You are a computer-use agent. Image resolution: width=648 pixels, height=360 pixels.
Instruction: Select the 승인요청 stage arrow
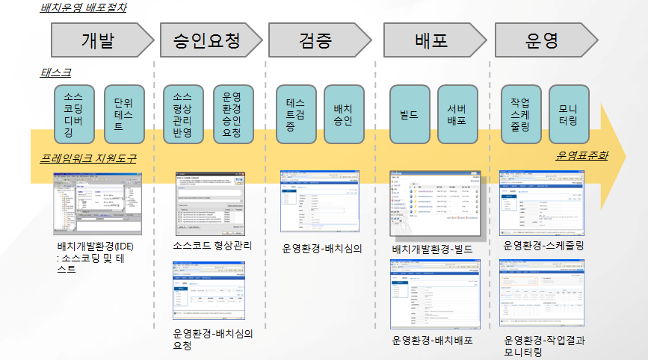pyautogui.click(x=206, y=40)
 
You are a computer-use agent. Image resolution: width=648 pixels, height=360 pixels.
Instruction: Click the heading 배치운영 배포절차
pyautogui.click(x=83, y=9)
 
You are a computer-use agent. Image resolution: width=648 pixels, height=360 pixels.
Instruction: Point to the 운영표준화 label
pyautogui.click(x=581, y=156)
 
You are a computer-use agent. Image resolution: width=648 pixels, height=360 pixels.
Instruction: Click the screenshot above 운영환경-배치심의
pyautogui.click(x=322, y=202)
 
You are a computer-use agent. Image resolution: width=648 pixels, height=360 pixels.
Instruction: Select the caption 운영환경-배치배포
pyautogui.click(x=432, y=340)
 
